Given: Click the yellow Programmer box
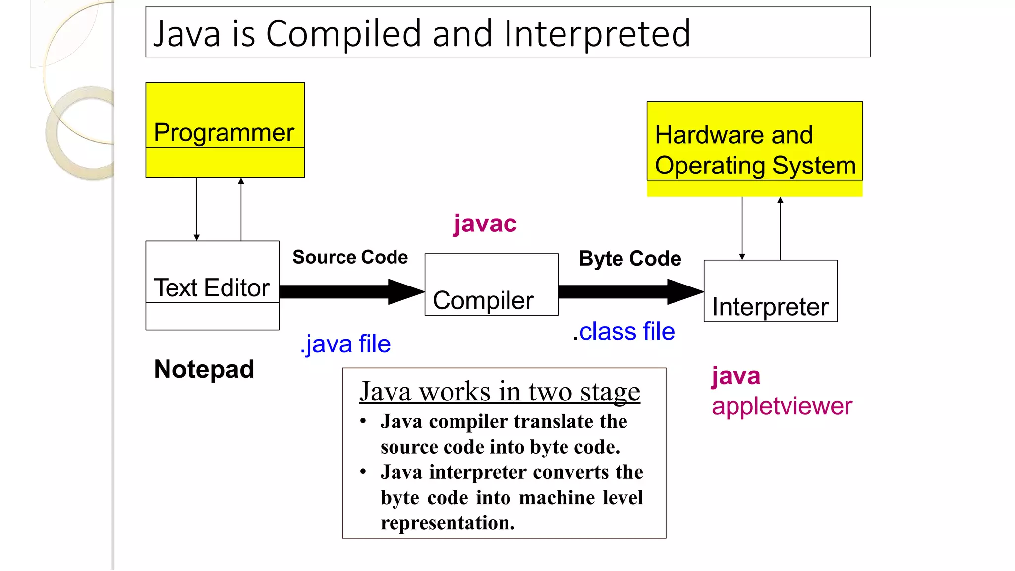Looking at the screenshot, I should [225, 130].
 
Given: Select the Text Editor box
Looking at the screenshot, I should [212, 285].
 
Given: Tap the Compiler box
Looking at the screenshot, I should [491, 285].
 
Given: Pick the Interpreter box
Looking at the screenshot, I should [770, 291].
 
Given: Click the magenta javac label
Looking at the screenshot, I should [485, 224].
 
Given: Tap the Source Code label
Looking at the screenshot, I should [350, 257].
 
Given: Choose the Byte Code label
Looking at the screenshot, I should [630, 259].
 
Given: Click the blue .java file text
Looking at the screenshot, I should [345, 344].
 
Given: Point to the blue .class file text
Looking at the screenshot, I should [624, 331].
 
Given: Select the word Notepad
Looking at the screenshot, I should [204, 369].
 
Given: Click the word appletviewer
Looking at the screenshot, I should [782, 406].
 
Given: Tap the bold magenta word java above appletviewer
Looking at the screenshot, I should [736, 376].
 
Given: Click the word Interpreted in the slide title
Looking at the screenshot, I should [597, 34].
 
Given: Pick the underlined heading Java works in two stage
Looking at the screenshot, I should [500, 392].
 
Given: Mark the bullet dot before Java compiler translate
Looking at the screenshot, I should [363, 421].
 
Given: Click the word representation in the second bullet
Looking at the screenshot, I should [448, 523].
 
